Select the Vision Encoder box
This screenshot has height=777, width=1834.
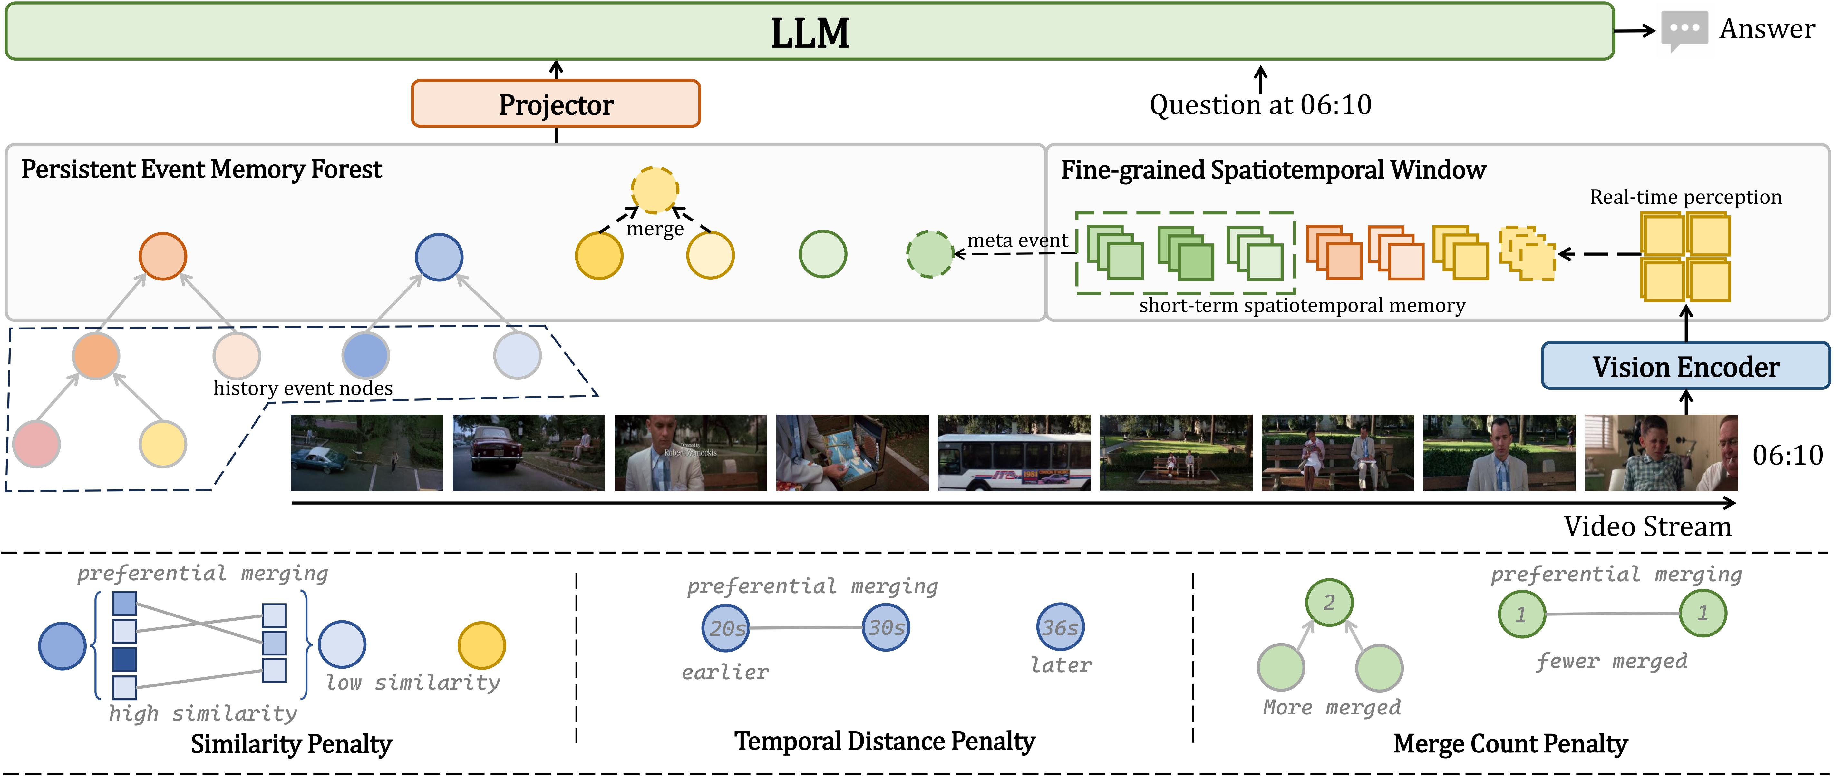1685,366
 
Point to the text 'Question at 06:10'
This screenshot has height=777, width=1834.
1260,105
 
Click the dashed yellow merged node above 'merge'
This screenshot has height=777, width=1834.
654,190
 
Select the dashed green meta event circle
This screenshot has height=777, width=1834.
930,254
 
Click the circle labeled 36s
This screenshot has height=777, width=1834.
1060,627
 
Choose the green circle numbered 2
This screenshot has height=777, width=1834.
1328,603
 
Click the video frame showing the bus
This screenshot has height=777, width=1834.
1014,453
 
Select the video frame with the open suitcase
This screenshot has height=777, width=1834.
852,453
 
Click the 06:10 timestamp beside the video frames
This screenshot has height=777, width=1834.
1787,455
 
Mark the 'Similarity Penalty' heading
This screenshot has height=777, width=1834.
291,743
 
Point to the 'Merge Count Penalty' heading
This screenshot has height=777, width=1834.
1510,743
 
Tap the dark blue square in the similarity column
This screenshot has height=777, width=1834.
125,659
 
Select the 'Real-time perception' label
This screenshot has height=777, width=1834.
1685,197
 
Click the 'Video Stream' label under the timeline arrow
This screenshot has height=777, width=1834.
1647,526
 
